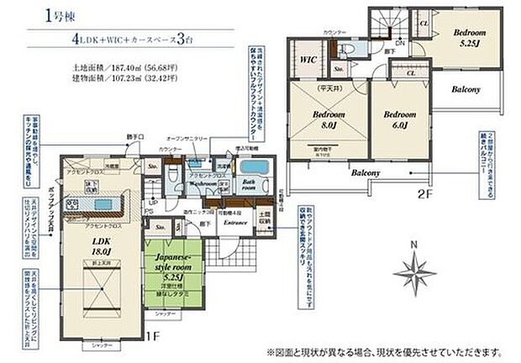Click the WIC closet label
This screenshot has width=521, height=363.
(x=307, y=60)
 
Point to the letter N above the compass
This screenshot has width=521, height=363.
(x=413, y=245)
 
